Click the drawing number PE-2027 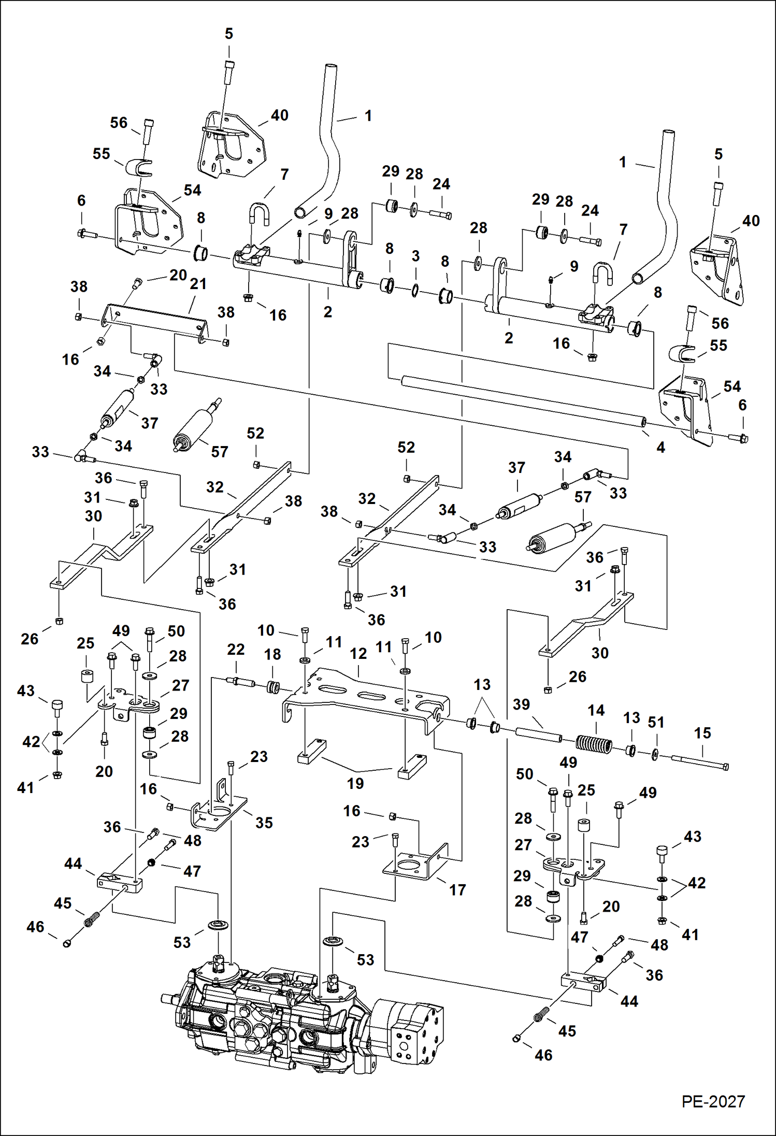(x=713, y=1102)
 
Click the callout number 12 (x=358, y=654)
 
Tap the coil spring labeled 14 (x=594, y=744)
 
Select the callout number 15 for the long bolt (x=702, y=733)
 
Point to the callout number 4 (x=661, y=448)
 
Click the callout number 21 (x=198, y=284)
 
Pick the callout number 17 (x=457, y=890)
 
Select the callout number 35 (x=264, y=823)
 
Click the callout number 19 (x=355, y=784)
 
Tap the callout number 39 (x=522, y=704)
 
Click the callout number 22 (x=236, y=650)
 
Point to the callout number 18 (x=272, y=655)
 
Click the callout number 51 (x=656, y=722)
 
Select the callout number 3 (x=415, y=256)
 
